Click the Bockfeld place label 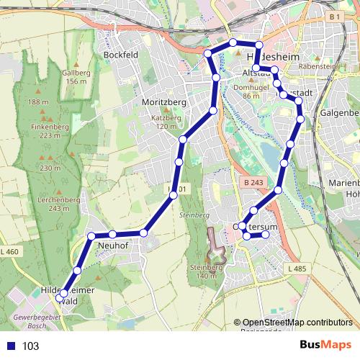(x=120, y=55)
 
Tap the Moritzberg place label (x=164, y=102)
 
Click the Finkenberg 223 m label (x=50, y=130)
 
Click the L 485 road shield (x=296, y=269)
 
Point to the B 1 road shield (x=333, y=16)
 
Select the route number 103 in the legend (x=30, y=346)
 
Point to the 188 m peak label (x=33, y=102)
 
